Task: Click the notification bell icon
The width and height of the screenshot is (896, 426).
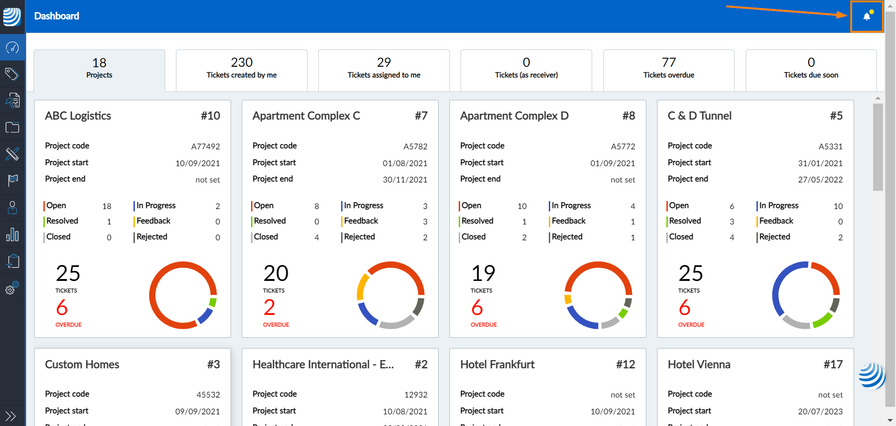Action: (x=867, y=17)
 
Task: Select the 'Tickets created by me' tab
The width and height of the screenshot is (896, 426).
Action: (x=241, y=75)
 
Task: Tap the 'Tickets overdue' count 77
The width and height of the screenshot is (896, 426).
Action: (x=668, y=63)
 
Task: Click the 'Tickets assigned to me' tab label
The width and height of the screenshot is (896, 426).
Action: (x=384, y=75)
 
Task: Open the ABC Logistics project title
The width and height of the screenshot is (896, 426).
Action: (x=78, y=116)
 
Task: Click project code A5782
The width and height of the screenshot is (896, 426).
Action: (x=415, y=147)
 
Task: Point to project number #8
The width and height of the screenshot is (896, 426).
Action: (x=628, y=116)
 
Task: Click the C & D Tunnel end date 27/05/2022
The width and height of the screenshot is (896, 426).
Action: (x=820, y=180)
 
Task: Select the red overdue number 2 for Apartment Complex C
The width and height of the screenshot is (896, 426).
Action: (x=269, y=307)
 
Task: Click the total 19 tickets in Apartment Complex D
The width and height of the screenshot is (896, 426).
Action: (x=483, y=273)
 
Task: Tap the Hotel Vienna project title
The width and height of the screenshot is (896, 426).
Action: (x=699, y=364)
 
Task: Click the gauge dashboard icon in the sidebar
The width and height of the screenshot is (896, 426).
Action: (x=12, y=47)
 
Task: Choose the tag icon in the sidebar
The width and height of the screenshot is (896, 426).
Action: (x=12, y=74)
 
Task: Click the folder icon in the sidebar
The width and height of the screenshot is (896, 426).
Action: (x=12, y=127)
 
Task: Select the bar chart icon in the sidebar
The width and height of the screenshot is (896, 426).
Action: (x=12, y=234)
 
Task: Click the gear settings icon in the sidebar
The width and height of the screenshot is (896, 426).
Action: (x=12, y=288)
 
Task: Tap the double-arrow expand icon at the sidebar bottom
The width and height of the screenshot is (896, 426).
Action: (x=10, y=416)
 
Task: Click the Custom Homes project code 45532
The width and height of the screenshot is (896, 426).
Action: (x=208, y=395)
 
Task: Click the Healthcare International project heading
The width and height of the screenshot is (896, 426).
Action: (x=323, y=364)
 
